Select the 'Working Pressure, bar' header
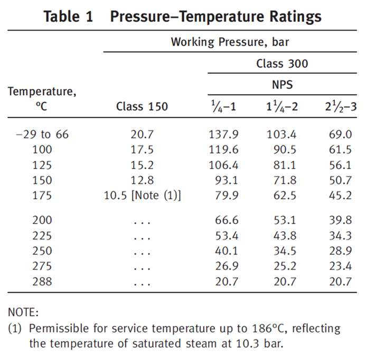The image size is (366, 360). tap(230, 42)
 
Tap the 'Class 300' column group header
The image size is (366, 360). tap(282, 64)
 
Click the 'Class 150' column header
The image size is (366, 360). tap(142, 106)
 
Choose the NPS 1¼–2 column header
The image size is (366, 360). tap(282, 106)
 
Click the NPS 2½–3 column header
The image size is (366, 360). tap(341, 106)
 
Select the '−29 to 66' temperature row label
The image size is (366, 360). tap(42, 134)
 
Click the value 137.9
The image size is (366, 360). tap(223, 134)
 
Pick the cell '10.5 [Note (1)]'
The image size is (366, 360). tap(142, 196)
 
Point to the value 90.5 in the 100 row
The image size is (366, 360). tap(285, 150)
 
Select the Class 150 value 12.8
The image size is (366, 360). tap(142, 180)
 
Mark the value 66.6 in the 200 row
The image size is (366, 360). tap(227, 220)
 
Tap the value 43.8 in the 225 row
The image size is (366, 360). tap(285, 235)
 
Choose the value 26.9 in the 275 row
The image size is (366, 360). tap(227, 266)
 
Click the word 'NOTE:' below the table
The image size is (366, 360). tap(23, 313)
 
